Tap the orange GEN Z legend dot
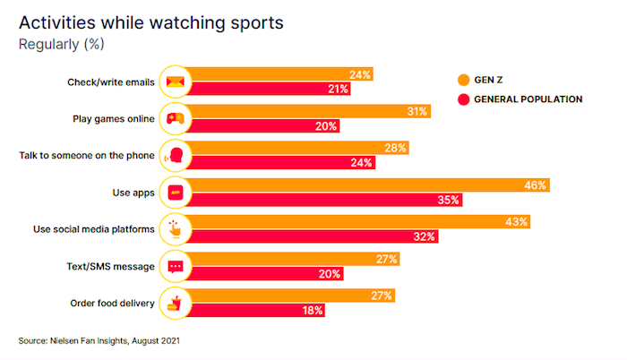463,80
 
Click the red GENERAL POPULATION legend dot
463,99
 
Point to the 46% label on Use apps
537,185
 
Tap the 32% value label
425,236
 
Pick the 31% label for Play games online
417,112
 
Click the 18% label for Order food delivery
312,311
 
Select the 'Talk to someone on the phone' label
88,156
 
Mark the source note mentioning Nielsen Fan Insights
104,340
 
